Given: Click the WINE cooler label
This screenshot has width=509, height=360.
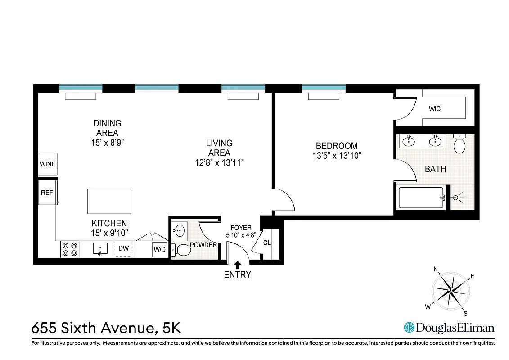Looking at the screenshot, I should pyautogui.click(x=48, y=164).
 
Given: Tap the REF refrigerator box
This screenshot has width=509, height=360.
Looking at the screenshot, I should pyautogui.click(x=47, y=193).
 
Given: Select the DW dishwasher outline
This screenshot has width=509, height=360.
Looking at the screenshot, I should pyautogui.click(x=124, y=248).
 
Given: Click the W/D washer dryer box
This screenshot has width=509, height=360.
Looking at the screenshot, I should pyautogui.click(x=159, y=249).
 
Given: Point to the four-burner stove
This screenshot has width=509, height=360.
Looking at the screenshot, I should pyautogui.click(x=70, y=249).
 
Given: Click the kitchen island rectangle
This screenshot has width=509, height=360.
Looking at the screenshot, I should pyautogui.click(x=109, y=201).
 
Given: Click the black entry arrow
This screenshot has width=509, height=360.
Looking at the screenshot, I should pyautogui.click(x=238, y=265).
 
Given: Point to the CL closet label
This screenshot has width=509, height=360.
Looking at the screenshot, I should pyautogui.click(x=267, y=243).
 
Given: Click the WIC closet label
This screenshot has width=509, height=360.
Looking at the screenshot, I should pyautogui.click(x=435, y=109).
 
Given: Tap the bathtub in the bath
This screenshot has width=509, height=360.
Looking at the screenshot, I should pyautogui.click(x=422, y=198).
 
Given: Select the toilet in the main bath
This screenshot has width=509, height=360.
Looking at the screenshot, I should pyautogui.click(x=459, y=144).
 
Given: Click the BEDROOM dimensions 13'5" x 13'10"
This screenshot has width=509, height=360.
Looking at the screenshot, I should pyautogui.click(x=337, y=156).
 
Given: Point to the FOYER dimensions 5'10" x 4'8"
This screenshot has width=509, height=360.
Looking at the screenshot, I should pyautogui.click(x=241, y=235).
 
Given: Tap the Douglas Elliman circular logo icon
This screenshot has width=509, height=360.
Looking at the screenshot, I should pyautogui.click(x=409, y=328).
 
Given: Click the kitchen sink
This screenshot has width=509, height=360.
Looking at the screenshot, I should pyautogui.click(x=100, y=248).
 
